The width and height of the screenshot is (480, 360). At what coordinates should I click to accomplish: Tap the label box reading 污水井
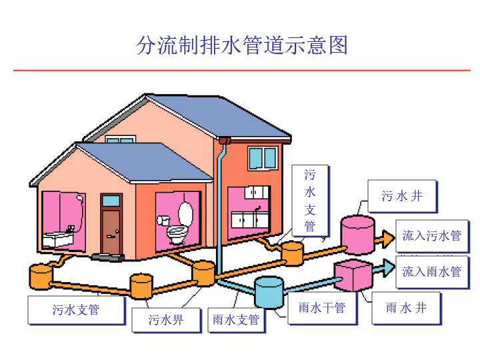pyautogui.click(x=402, y=196)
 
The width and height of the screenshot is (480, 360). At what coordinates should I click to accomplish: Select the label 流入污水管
pyautogui.click(x=431, y=235)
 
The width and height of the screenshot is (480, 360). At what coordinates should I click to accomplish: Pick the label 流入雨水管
pyautogui.click(x=431, y=271)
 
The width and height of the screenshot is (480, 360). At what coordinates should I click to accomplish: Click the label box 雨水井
pyautogui.click(x=406, y=307)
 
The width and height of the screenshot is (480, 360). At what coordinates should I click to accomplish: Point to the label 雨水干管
pyautogui.click(x=322, y=307)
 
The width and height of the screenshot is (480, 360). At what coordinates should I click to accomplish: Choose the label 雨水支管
pyautogui.click(x=236, y=320)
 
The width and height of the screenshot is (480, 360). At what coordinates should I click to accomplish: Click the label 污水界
pyautogui.click(x=165, y=320)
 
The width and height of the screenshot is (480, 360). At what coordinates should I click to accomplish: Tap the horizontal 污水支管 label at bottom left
pyautogui.click(x=76, y=310)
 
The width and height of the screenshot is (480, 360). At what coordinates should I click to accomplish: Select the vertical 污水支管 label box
pyautogui.click(x=310, y=200)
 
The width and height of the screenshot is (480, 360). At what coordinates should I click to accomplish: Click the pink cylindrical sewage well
pyautogui.click(x=357, y=235)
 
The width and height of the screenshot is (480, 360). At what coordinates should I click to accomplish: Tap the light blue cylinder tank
pyautogui.click(x=269, y=292)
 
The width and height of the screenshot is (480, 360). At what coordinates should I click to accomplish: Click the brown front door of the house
pyautogui.click(x=111, y=229)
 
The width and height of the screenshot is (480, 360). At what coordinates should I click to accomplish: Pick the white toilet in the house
pyautogui.click(x=177, y=231)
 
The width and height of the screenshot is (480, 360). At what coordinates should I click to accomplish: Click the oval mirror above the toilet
pyautogui.click(x=185, y=213)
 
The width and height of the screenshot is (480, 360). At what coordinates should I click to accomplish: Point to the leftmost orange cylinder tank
pyautogui.click(x=41, y=274)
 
